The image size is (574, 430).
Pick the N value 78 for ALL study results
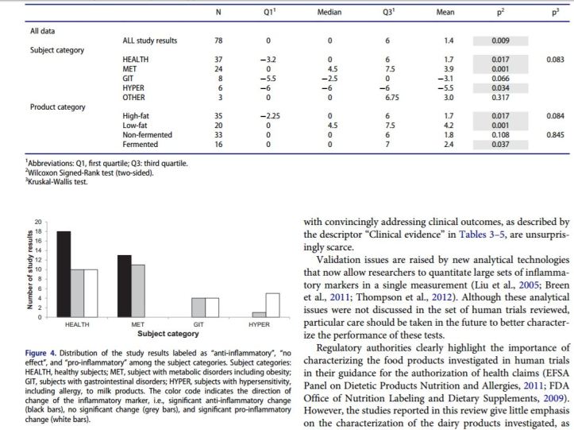coord(218,40)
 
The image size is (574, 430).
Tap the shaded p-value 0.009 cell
coord(499,40)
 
